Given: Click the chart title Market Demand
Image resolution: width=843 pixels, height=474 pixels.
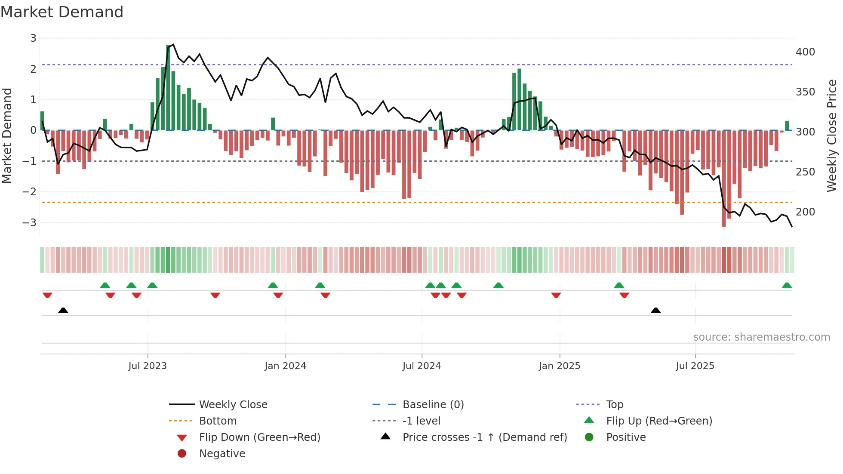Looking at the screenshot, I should click(x=62, y=12).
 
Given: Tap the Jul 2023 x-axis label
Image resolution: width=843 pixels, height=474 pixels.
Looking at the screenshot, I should click(x=148, y=366).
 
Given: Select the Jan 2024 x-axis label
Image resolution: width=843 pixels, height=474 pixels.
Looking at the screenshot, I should click(x=285, y=366).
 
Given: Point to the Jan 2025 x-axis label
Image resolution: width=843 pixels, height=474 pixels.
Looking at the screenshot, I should click(x=559, y=366).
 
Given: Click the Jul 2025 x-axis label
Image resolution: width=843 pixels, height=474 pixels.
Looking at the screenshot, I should click(x=695, y=366).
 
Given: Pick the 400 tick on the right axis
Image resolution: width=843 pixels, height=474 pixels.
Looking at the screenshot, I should click(x=805, y=52).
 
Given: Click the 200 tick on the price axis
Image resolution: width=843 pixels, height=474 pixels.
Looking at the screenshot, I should click(x=805, y=212).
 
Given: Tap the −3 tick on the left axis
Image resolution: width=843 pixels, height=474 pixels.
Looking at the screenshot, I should click(x=30, y=223).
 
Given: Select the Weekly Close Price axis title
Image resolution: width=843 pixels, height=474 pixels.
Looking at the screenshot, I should click(x=832, y=135).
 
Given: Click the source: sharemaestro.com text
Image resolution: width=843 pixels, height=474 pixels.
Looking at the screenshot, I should click(x=761, y=337).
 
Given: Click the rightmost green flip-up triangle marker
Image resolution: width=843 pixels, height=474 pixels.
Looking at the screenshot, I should click(x=787, y=285).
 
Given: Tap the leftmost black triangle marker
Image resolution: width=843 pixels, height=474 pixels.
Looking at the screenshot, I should click(x=63, y=310).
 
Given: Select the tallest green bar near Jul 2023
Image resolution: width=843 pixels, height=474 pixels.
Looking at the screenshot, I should click(x=168, y=86).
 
